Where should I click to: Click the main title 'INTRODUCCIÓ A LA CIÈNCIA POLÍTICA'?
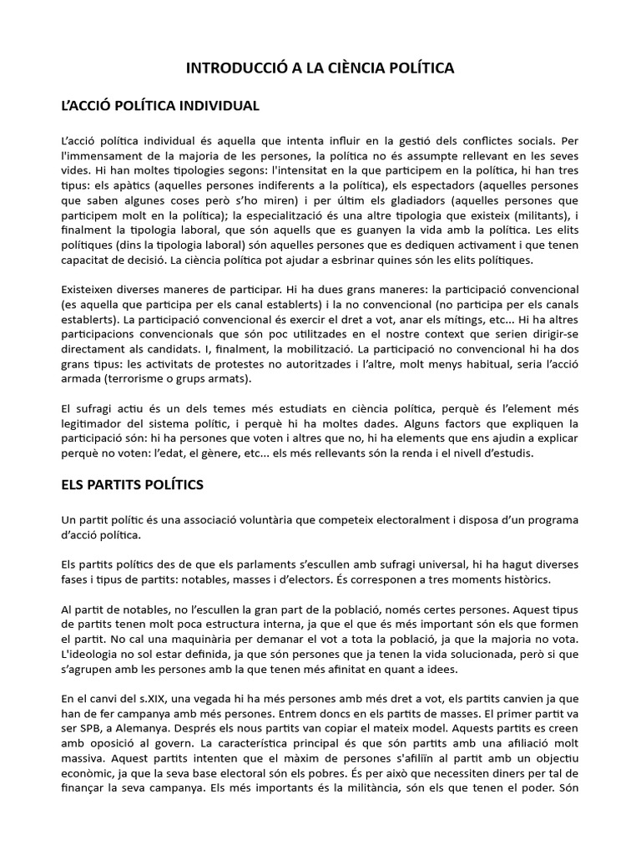[320, 68]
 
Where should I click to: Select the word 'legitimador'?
[95, 424]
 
